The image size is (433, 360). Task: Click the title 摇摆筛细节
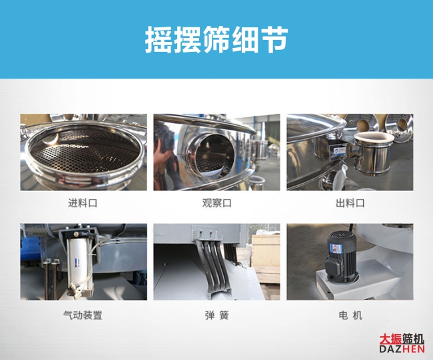(217, 39)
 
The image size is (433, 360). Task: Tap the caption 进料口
(83, 203)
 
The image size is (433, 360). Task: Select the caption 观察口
(217, 203)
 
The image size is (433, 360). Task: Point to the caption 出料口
(350, 203)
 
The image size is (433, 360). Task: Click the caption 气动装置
(83, 315)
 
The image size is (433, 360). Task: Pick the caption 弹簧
(217, 315)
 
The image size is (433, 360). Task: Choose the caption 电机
(350, 315)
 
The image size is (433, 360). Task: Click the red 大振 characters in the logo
(390, 339)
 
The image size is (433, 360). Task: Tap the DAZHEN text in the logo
(402, 349)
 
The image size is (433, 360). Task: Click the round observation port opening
(212, 155)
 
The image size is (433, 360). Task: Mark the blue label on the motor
(336, 249)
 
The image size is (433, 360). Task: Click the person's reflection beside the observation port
(166, 160)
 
